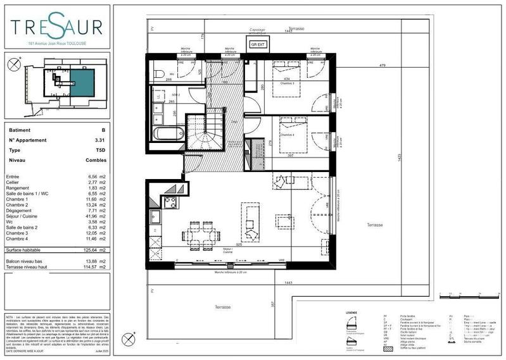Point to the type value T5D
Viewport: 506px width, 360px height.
[x=99, y=151]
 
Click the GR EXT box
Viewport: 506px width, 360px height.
[x=256, y=45]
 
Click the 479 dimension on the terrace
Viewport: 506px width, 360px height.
[x=382, y=66]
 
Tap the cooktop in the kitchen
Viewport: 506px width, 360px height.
[x=170, y=202]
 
